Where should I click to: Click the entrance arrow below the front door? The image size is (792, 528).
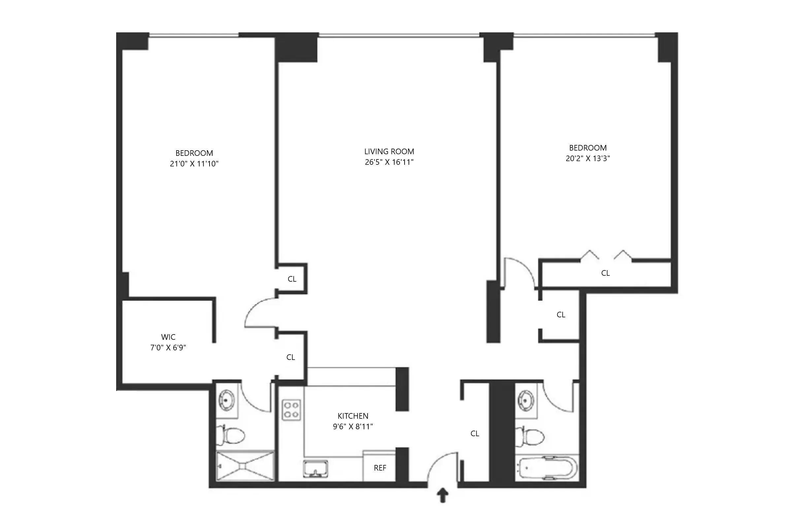coord(443,495)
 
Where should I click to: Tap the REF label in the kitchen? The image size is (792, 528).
coord(380,468)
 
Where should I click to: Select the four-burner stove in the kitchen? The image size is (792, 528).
coord(291,410)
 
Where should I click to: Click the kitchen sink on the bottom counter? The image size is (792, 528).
coord(315,469)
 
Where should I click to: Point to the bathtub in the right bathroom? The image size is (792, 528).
coord(546,468)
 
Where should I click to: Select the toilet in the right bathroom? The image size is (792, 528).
coord(531,437)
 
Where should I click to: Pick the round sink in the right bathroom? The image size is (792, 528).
coord(526,400)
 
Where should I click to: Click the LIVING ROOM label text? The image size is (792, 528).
coord(389,152)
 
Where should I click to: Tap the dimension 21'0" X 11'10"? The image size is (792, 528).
coord(194,164)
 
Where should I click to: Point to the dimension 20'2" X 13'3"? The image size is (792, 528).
coord(587,158)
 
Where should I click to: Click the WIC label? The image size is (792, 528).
coord(168,337)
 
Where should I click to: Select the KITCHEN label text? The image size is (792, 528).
coord(352,416)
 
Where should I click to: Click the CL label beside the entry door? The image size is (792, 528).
coord(475,434)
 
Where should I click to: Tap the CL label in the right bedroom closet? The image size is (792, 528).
coord(605,273)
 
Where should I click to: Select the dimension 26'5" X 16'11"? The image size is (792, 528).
coord(389,162)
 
